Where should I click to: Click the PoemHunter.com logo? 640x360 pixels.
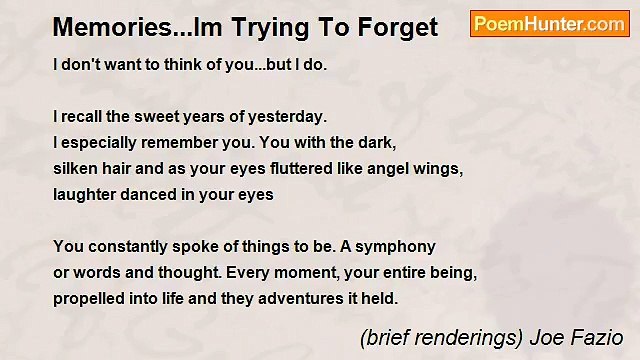coord(549,24)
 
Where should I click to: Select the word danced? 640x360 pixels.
coord(157,195)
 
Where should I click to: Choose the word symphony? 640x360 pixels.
coord(398,246)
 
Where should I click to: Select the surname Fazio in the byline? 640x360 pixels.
coord(597,338)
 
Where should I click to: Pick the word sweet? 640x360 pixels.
coord(147,118)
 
